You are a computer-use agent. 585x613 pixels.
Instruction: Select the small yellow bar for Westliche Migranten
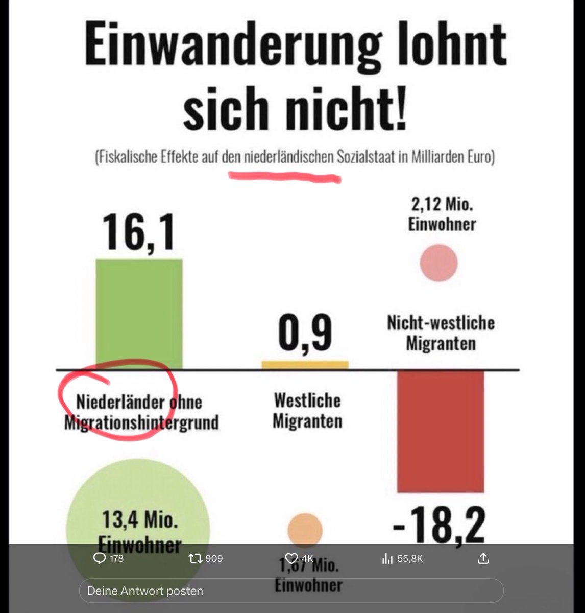pos(305,365)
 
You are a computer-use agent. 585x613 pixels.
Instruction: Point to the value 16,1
pos(138,232)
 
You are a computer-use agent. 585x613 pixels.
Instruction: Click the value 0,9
pos(305,334)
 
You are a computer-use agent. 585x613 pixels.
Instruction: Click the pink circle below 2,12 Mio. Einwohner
pos(438,263)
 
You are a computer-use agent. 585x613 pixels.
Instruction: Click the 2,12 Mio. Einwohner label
pos(442,215)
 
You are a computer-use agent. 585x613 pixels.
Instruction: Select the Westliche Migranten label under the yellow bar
pos(307,411)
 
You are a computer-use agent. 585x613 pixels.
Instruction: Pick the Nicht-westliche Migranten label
pos(441,333)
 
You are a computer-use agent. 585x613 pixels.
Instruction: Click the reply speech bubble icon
pos(100,558)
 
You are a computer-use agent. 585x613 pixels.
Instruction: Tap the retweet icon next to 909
pos(195,558)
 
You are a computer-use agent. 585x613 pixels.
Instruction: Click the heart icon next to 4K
pos(291,558)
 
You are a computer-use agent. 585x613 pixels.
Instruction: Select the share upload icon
pos(483,558)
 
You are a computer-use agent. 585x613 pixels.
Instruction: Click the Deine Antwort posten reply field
pos(291,591)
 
